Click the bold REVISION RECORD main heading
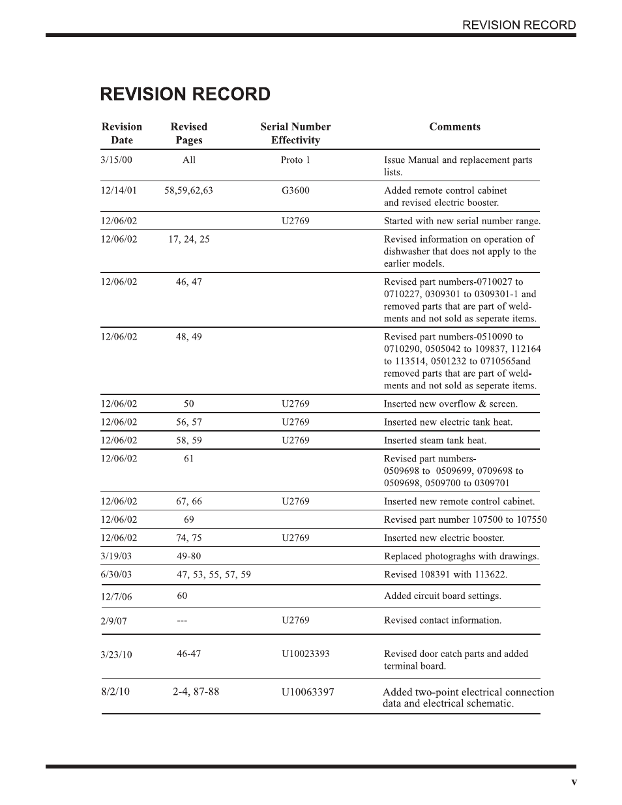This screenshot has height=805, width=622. pos(185,95)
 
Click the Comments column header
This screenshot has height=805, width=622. pos(454,127)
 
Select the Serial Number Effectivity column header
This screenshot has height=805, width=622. pos(295,134)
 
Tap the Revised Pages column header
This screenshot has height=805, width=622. pos(189,134)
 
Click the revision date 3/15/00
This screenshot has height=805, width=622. pos(116,160)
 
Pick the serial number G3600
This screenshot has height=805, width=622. pos(295,190)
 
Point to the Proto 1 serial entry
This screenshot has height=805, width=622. pos(295,160)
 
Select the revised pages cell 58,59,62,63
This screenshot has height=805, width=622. pos(188,190)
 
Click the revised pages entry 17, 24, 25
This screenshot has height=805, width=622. pos(189,239)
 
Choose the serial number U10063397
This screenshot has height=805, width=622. pos(308,692)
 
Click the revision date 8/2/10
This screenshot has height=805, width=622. pos(115,692)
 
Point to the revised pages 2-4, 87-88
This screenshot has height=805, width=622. pos(196,692)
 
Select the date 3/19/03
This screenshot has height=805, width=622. pos(116,556)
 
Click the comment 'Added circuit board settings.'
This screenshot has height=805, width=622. pos(442,596)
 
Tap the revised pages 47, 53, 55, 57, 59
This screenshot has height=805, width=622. pos(214,574)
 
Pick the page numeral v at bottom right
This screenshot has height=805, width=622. pos(574,782)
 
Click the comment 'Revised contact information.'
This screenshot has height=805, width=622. pos(443,620)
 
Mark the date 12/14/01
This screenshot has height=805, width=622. pos(119,190)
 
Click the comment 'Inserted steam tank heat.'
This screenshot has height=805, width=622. pos(435,440)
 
